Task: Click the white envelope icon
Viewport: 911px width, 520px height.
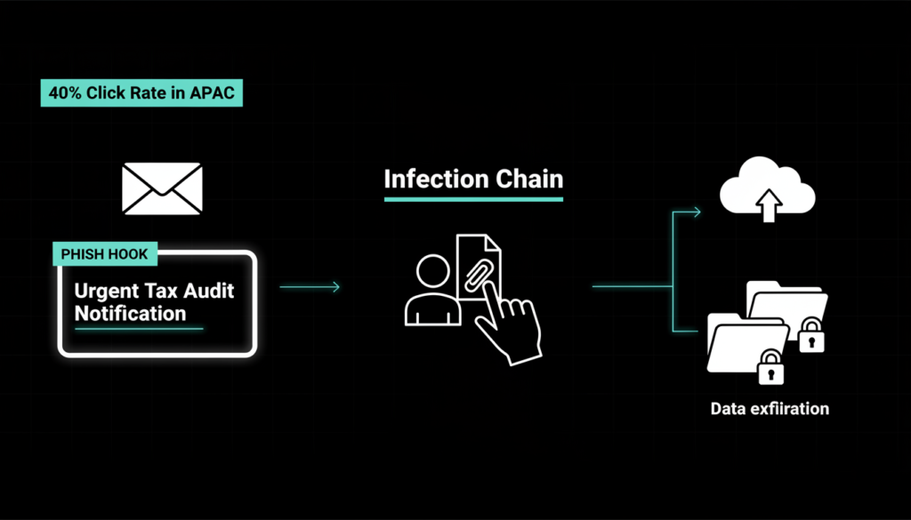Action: pyautogui.click(x=162, y=188)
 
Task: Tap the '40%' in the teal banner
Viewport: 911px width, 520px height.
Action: pyautogui.click(x=64, y=93)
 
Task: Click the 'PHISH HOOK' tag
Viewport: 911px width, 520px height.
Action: pyautogui.click(x=104, y=254)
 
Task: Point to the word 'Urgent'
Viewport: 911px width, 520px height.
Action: pyautogui.click(x=105, y=291)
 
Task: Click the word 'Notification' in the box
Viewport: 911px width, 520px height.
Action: pyautogui.click(x=130, y=313)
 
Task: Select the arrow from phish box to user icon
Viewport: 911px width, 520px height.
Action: pyautogui.click(x=310, y=286)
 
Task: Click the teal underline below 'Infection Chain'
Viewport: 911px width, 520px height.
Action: pyautogui.click(x=473, y=198)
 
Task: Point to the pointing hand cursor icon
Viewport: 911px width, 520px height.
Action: pyautogui.click(x=508, y=324)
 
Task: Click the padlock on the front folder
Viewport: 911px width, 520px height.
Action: pyautogui.click(x=770, y=366)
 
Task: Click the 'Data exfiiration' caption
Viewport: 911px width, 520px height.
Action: pyautogui.click(x=770, y=409)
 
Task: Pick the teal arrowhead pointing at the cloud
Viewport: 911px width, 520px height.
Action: pyautogui.click(x=697, y=212)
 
